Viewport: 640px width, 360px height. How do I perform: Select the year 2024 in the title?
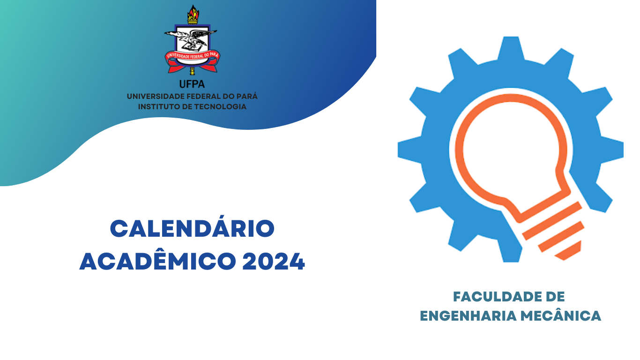[274, 262]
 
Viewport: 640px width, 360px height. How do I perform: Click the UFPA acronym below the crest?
[192, 84]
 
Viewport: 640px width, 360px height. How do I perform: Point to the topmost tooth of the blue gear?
[511, 48]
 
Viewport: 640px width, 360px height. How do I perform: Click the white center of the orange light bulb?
[511, 149]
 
